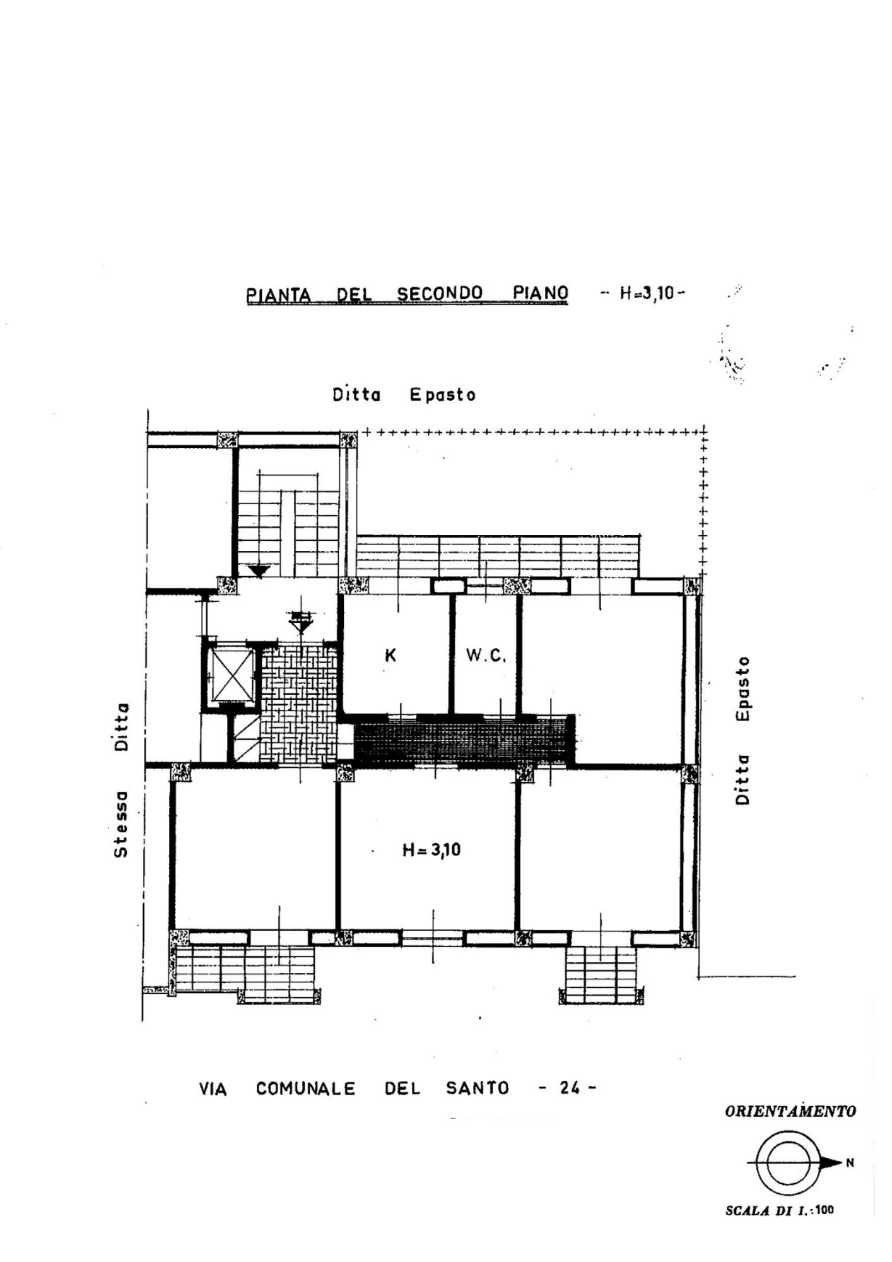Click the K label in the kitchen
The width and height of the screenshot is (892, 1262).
[x=390, y=656]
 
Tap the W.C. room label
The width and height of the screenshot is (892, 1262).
[x=486, y=656]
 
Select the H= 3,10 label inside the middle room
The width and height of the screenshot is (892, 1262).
[x=431, y=850]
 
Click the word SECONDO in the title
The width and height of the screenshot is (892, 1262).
[x=439, y=293]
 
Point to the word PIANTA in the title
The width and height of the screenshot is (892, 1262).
[x=279, y=295]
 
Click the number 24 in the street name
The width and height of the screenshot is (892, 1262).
[x=570, y=1088]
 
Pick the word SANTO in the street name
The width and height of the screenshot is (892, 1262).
[x=477, y=1088]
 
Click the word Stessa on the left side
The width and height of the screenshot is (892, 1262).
[x=121, y=824]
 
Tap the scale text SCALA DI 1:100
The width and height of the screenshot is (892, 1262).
[x=780, y=1210]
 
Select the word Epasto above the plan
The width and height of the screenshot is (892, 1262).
[x=442, y=395]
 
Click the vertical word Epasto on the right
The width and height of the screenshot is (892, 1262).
[x=744, y=688]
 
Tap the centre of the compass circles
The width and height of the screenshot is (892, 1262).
[x=784, y=1162]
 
